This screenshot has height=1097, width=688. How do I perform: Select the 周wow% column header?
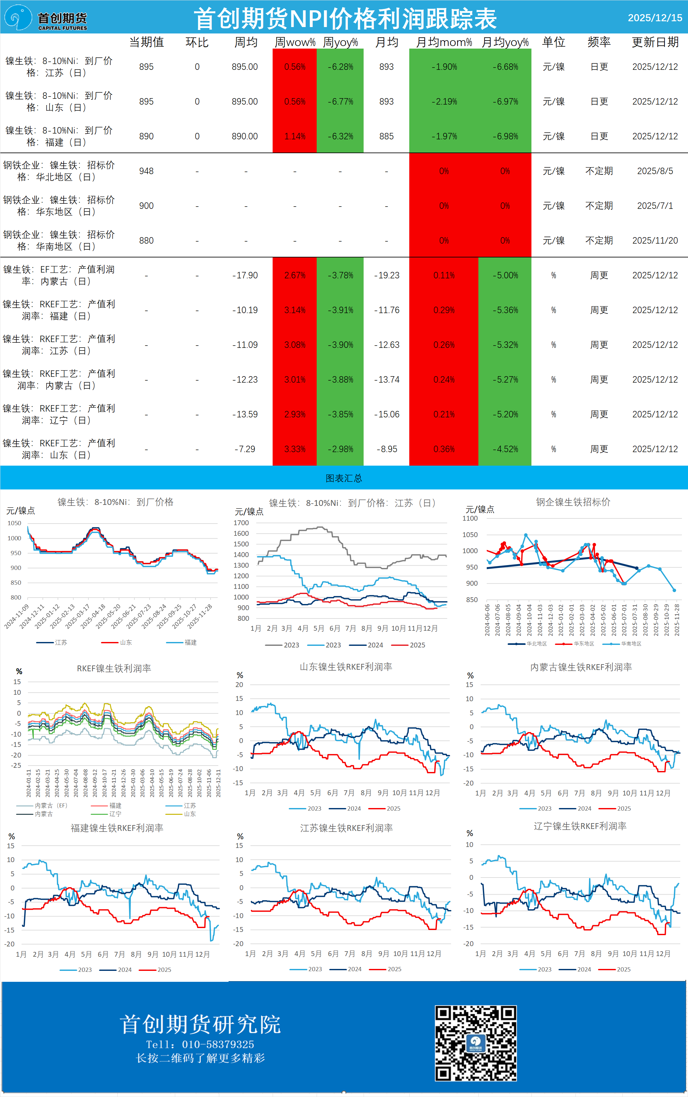point(295,42)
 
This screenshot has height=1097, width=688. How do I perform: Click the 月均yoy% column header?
point(505,42)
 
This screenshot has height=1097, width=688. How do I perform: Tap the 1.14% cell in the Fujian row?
point(295,136)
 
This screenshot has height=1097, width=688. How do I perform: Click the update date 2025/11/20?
point(655,240)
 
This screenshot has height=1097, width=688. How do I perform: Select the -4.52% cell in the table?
point(505,449)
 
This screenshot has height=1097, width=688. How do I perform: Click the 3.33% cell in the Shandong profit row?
point(295,449)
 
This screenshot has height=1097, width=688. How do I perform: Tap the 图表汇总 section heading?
point(344,478)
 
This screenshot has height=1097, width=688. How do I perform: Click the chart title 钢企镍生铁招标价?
point(573,502)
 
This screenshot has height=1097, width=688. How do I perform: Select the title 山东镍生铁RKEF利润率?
point(346,667)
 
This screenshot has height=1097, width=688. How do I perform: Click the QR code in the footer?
point(475,1043)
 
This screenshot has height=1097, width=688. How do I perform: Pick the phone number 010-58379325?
point(218,1044)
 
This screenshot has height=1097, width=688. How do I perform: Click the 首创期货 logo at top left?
point(46,18)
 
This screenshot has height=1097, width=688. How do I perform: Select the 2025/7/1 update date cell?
point(655,206)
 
